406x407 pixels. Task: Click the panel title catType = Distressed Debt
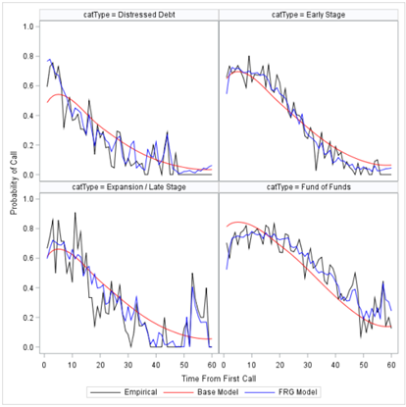click(x=129, y=15)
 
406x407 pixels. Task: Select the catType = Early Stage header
click(x=307, y=15)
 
